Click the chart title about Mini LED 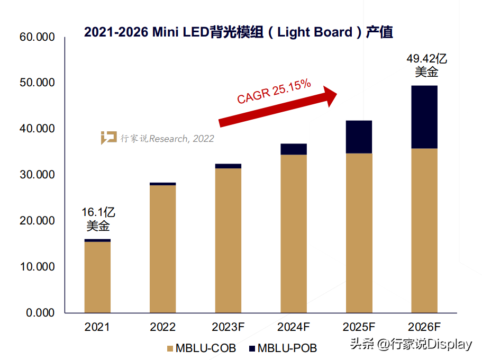point(239,32)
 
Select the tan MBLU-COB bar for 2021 point(97,277)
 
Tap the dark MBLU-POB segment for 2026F point(424,116)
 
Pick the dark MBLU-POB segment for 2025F point(359,137)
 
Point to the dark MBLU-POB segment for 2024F point(294,149)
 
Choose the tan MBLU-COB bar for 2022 point(163,248)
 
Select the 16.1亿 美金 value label point(98,219)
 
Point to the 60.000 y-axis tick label point(37,37)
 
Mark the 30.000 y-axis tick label point(37,175)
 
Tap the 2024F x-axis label point(294,327)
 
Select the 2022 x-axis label point(163,327)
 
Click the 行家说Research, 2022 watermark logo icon point(108,138)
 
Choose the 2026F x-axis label point(424,327)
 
